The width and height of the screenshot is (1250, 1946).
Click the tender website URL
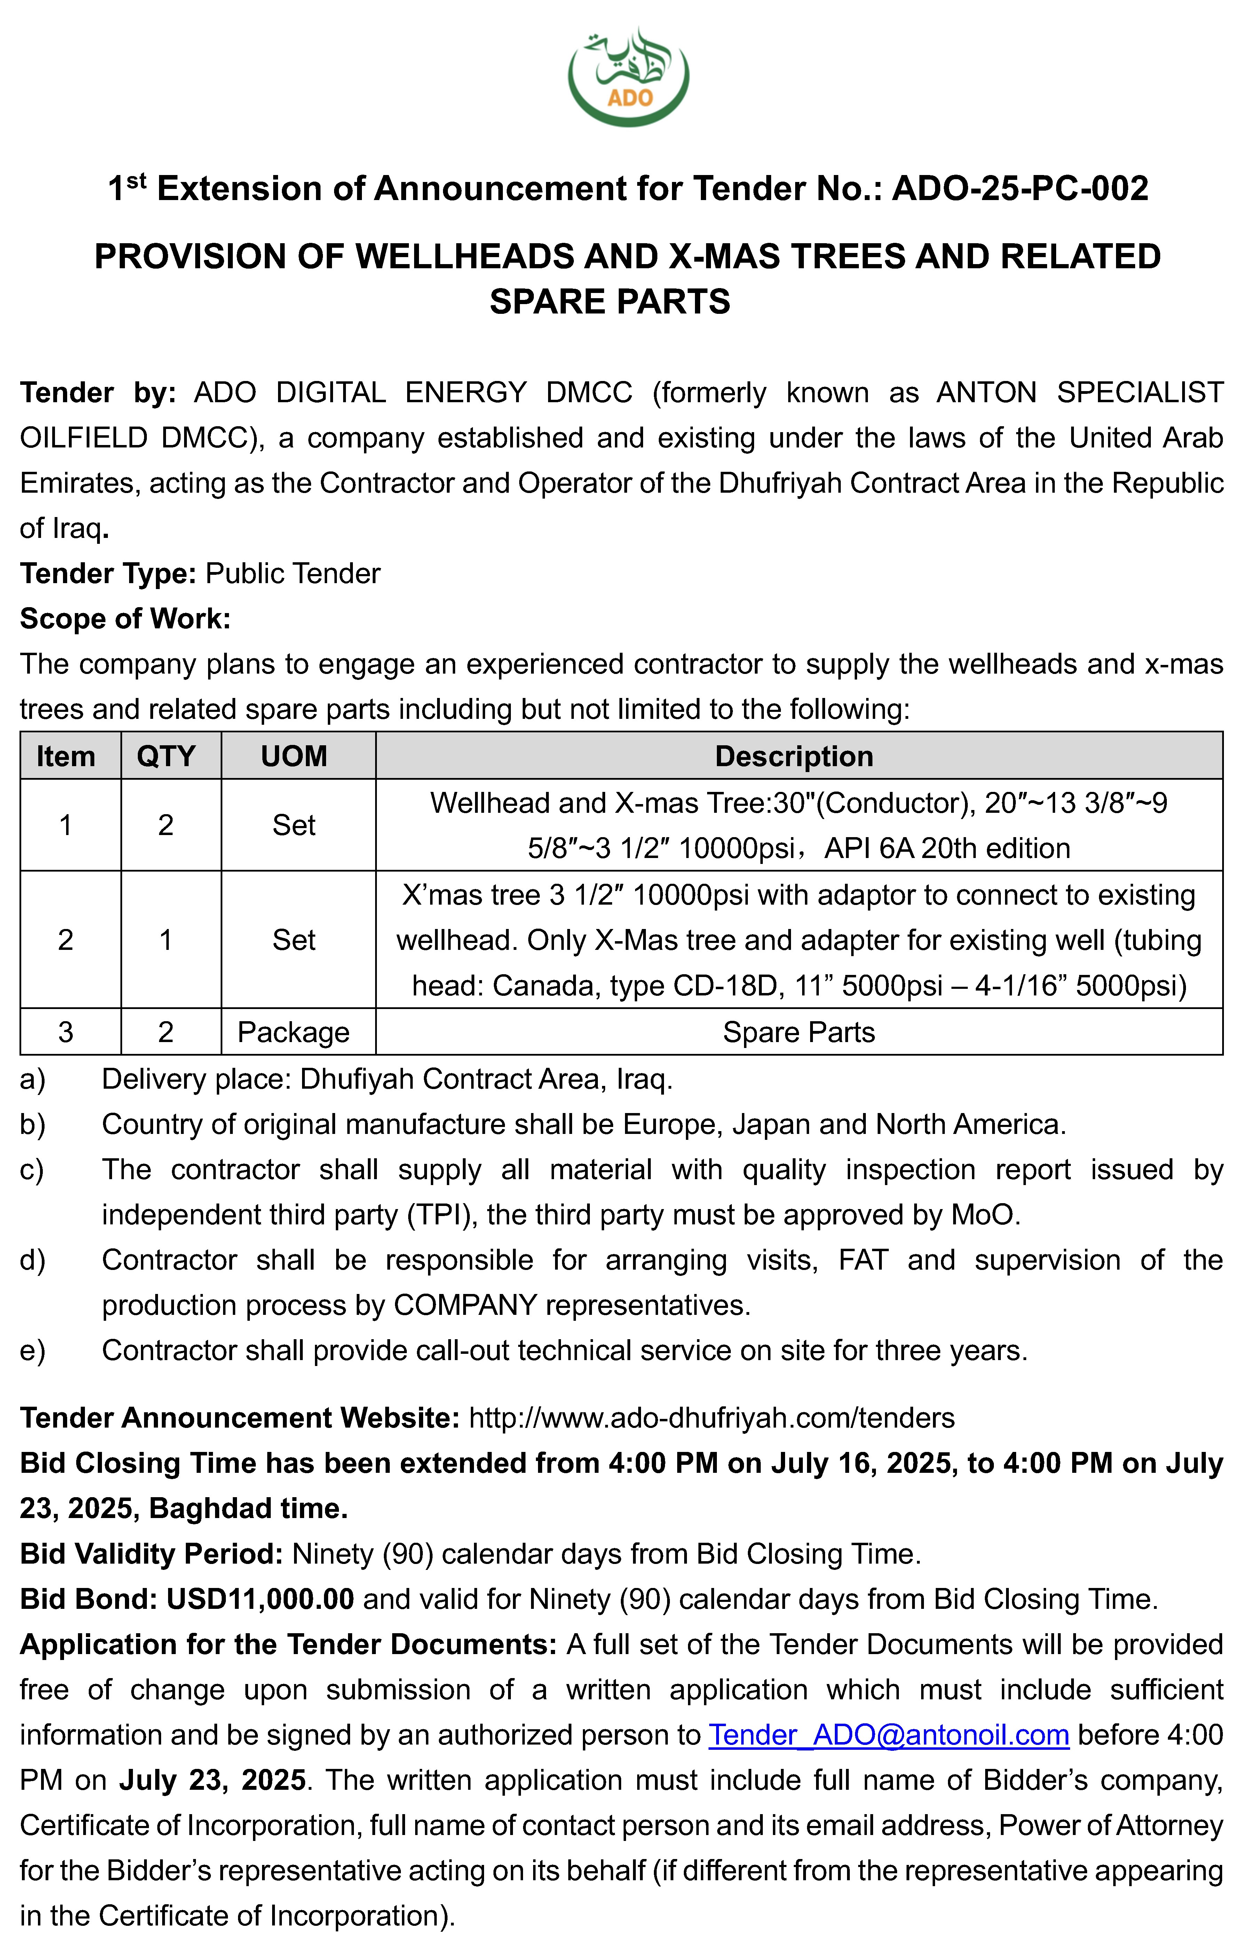tap(712, 1418)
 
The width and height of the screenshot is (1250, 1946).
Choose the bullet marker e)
tap(32, 1350)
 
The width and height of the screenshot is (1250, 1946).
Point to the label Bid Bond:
tap(88, 1599)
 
